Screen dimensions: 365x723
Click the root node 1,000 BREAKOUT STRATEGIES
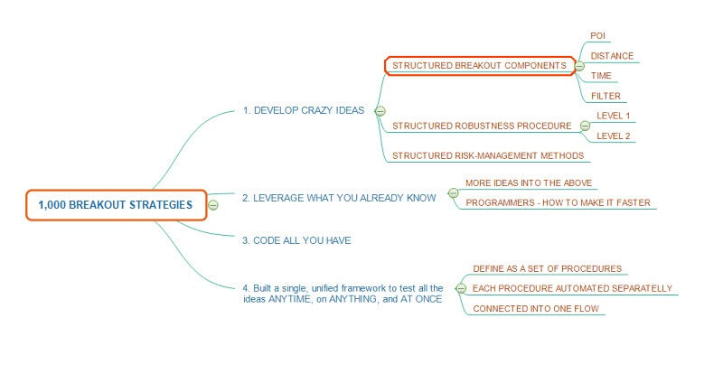click(x=116, y=205)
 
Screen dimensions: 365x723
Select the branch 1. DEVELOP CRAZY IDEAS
click(x=303, y=110)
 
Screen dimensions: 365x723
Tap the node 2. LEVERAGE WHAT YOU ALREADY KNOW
click(x=339, y=196)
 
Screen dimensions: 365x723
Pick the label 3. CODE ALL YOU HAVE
click(x=296, y=240)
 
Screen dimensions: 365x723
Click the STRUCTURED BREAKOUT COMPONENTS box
click(x=479, y=65)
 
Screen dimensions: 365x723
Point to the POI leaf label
click(x=598, y=35)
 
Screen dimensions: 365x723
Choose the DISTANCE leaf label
click(x=612, y=56)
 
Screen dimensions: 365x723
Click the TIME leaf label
click(x=601, y=76)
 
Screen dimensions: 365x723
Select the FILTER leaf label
click(x=606, y=96)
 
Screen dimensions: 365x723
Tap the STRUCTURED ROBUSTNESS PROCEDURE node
click(x=482, y=126)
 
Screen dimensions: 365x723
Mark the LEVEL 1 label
click(x=614, y=116)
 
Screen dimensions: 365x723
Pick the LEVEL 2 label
click(x=614, y=136)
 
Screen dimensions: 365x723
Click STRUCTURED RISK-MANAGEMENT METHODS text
click(x=489, y=155)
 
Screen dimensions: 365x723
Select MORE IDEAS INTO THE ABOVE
click(x=529, y=182)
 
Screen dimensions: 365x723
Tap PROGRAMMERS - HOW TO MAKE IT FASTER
click(x=558, y=202)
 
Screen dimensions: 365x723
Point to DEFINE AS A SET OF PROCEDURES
click(x=547, y=268)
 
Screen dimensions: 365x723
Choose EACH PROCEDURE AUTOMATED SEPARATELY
click(x=572, y=288)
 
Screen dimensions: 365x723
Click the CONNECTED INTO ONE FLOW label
click(x=536, y=309)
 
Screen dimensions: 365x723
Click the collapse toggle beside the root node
click(x=213, y=205)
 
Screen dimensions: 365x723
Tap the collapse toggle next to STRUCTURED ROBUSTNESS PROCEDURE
click(x=585, y=126)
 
